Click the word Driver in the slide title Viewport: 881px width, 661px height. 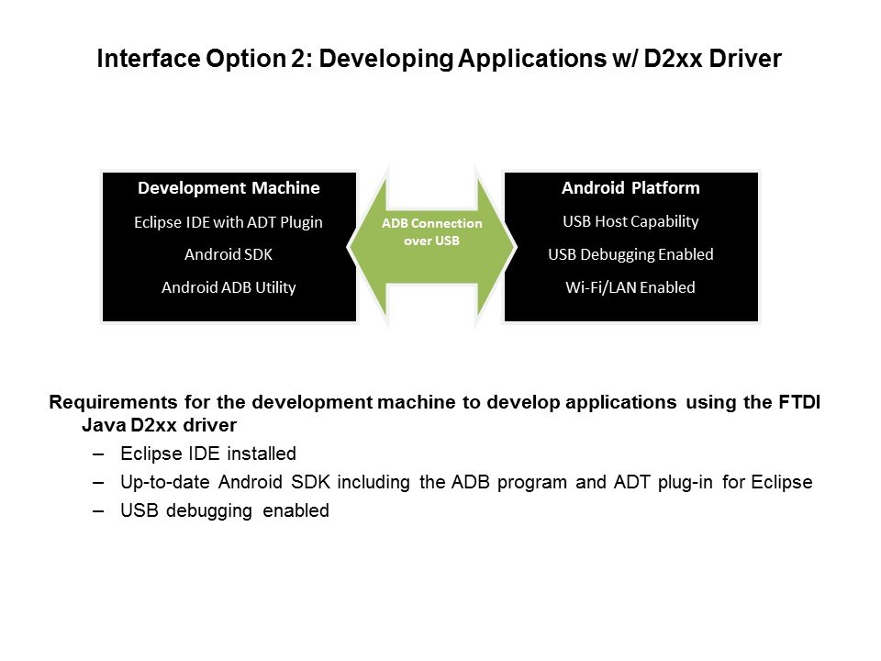pyautogui.click(x=745, y=59)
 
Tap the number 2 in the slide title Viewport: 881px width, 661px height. pyautogui.click(x=298, y=59)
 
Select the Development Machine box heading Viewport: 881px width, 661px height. pyautogui.click(x=229, y=187)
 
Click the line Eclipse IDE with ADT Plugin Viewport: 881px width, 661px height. pyautogui.click(x=229, y=222)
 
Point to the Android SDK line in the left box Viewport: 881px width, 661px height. pyautogui.click(x=229, y=254)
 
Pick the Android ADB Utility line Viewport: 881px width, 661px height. pyautogui.click(x=229, y=287)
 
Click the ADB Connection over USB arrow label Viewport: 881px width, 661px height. pyautogui.click(x=431, y=231)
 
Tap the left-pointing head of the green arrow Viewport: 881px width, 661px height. pyautogui.click(x=368, y=247)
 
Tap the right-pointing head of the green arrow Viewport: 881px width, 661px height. pyautogui.click(x=496, y=247)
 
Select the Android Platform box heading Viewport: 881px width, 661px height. pyautogui.click(x=630, y=187)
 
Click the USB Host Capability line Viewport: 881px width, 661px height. pyautogui.click(x=630, y=221)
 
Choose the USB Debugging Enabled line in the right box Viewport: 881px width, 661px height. pyautogui.click(x=630, y=254)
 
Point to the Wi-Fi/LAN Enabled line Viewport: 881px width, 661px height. pyautogui.click(x=630, y=287)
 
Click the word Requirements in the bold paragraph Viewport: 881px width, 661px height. pyautogui.click(x=114, y=402)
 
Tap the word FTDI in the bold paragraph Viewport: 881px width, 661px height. pyautogui.click(x=799, y=402)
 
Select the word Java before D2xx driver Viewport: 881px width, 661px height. pyautogui.click(x=104, y=425)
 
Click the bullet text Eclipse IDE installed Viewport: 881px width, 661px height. pyautogui.click(x=208, y=454)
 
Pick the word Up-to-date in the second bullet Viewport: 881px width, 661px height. pyautogui.click(x=165, y=482)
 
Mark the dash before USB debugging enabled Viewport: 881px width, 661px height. pyautogui.click(x=98, y=511)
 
